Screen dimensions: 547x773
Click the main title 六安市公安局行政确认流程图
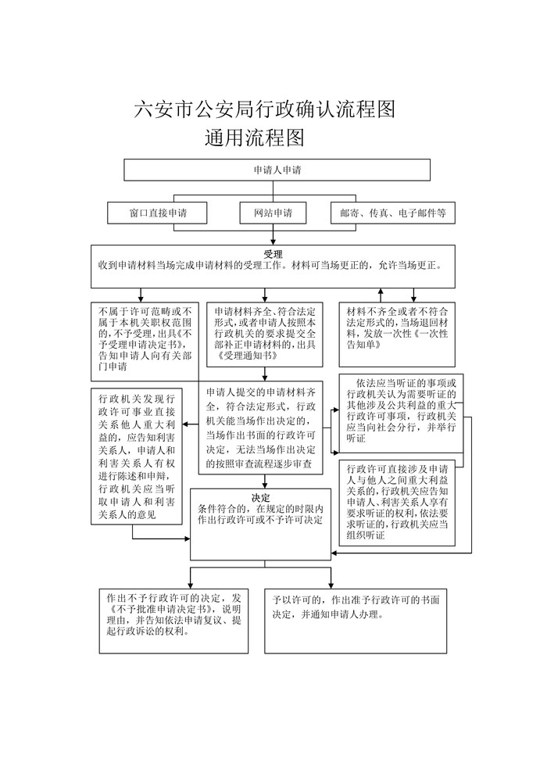pyautogui.click(x=265, y=109)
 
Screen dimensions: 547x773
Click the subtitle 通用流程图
pyautogui.click(x=254, y=138)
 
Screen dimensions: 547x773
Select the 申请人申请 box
pyautogui.click(x=277, y=170)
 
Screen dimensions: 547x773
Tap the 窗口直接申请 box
pyautogui.click(x=157, y=213)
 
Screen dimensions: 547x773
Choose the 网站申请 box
pyautogui.click(x=273, y=213)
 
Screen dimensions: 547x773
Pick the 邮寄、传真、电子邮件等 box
pyautogui.click(x=393, y=213)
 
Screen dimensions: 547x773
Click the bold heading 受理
pyautogui.click(x=273, y=254)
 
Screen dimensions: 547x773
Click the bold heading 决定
pyautogui.click(x=261, y=498)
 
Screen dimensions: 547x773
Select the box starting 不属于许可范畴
pyautogui.click(x=145, y=342)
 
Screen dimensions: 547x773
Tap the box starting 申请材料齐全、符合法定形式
pyautogui.click(x=265, y=335)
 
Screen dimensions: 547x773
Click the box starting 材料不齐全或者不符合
pyautogui.click(x=397, y=335)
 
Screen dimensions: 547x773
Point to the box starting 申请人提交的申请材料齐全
pyautogui.click(x=261, y=428)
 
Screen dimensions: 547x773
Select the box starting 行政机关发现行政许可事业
pyautogui.click(x=137, y=456)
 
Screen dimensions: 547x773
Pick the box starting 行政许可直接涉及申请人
pyautogui.click(x=397, y=503)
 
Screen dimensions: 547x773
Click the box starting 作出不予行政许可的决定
pyautogui.click(x=173, y=621)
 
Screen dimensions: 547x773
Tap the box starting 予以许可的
pyautogui.click(x=356, y=621)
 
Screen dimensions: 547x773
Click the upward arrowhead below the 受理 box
pyautogui.click(x=381, y=292)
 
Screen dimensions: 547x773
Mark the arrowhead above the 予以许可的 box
pyautogui.click(x=331, y=585)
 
